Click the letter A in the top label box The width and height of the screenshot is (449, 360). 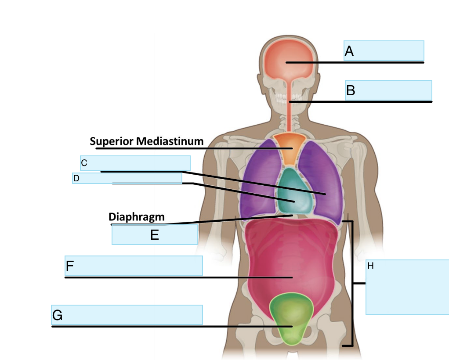[349, 51]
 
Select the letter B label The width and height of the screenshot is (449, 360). [350, 90]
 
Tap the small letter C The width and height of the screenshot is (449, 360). [84, 163]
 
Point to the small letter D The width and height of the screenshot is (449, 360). [76, 178]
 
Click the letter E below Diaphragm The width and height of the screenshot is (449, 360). [154, 235]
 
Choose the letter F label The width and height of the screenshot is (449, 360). [70, 266]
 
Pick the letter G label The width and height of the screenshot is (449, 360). [57, 315]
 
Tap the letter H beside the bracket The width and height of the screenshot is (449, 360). [370, 266]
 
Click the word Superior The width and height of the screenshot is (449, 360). [112, 141]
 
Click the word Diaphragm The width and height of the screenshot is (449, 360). [136, 216]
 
